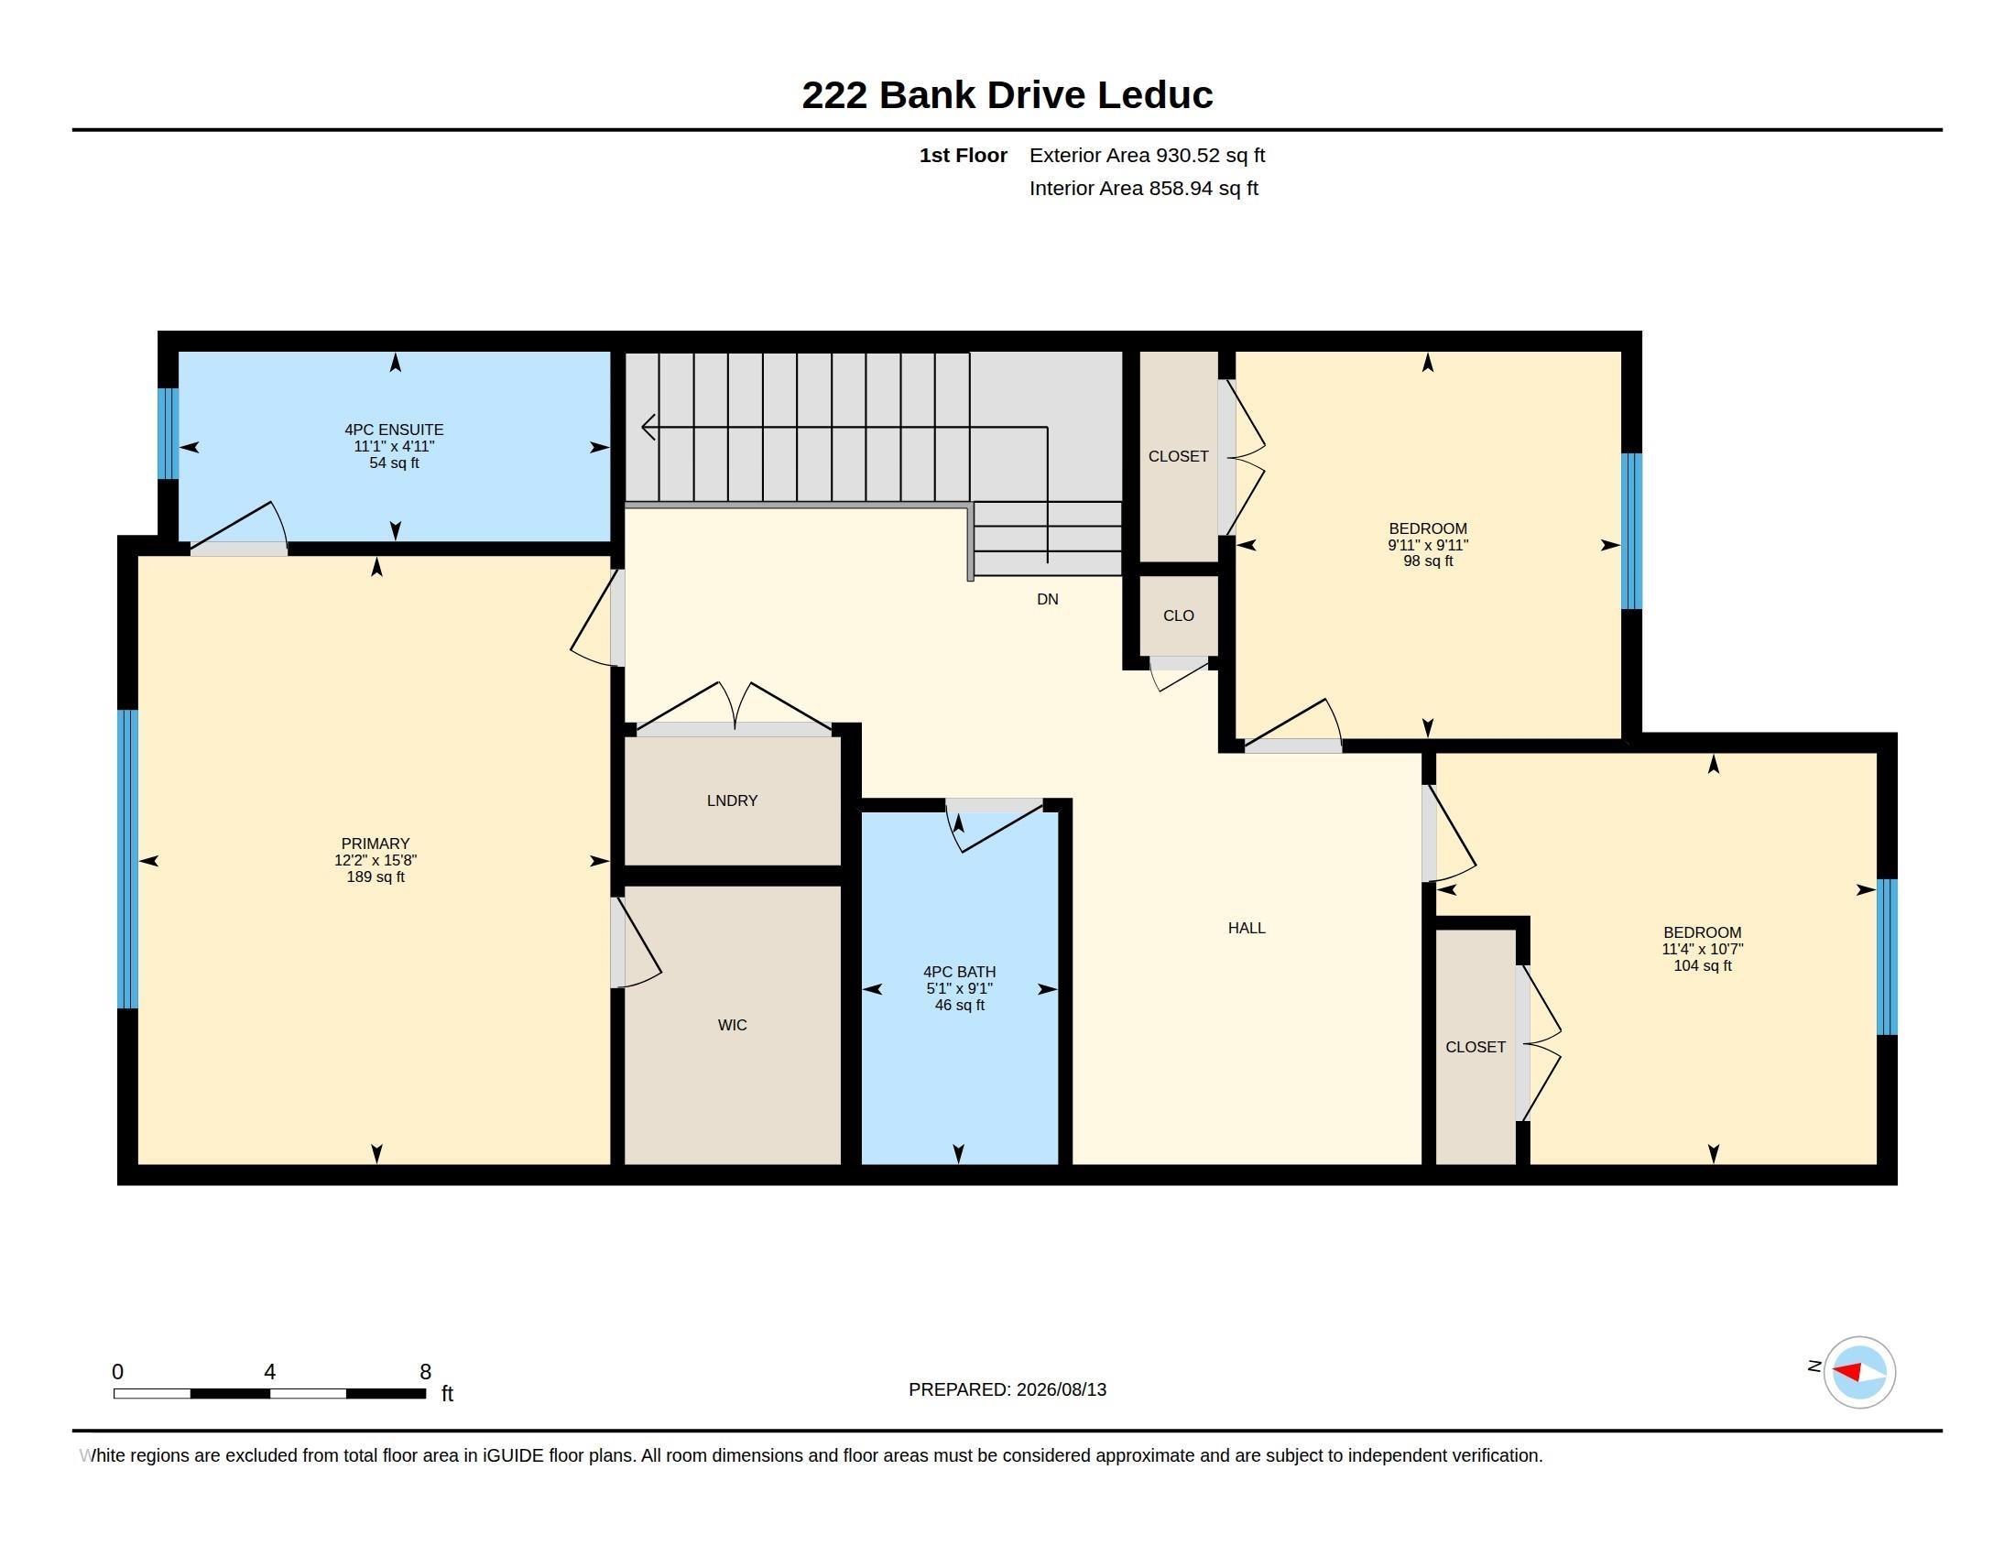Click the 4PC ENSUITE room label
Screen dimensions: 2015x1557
[x=394, y=430]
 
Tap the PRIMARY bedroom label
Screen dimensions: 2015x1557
[x=375, y=844]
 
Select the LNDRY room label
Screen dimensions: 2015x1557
[x=733, y=800]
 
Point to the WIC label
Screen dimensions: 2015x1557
[x=733, y=1025]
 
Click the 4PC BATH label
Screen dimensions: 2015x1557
[x=960, y=972]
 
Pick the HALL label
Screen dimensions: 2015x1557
[x=1247, y=928]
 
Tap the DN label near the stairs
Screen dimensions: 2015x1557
[x=1047, y=600]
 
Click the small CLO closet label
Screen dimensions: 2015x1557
[x=1178, y=616]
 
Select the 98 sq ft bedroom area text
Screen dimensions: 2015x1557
[x=1428, y=561]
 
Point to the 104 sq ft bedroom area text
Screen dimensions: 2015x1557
[x=1703, y=965]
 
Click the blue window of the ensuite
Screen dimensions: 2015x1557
[x=167, y=433]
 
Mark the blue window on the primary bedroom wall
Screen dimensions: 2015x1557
[x=127, y=859]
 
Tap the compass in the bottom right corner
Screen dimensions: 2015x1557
[x=1859, y=1373]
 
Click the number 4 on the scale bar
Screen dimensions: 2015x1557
[x=269, y=1372]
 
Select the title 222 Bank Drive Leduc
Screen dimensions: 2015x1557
[x=1007, y=95]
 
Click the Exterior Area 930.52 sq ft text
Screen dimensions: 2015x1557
[x=1147, y=156]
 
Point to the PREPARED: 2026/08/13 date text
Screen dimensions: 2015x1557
[x=1007, y=1390]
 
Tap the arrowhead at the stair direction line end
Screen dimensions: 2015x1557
[x=648, y=427]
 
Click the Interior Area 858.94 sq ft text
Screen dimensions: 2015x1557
[x=1143, y=189]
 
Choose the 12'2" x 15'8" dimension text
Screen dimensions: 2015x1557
[x=375, y=861]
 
